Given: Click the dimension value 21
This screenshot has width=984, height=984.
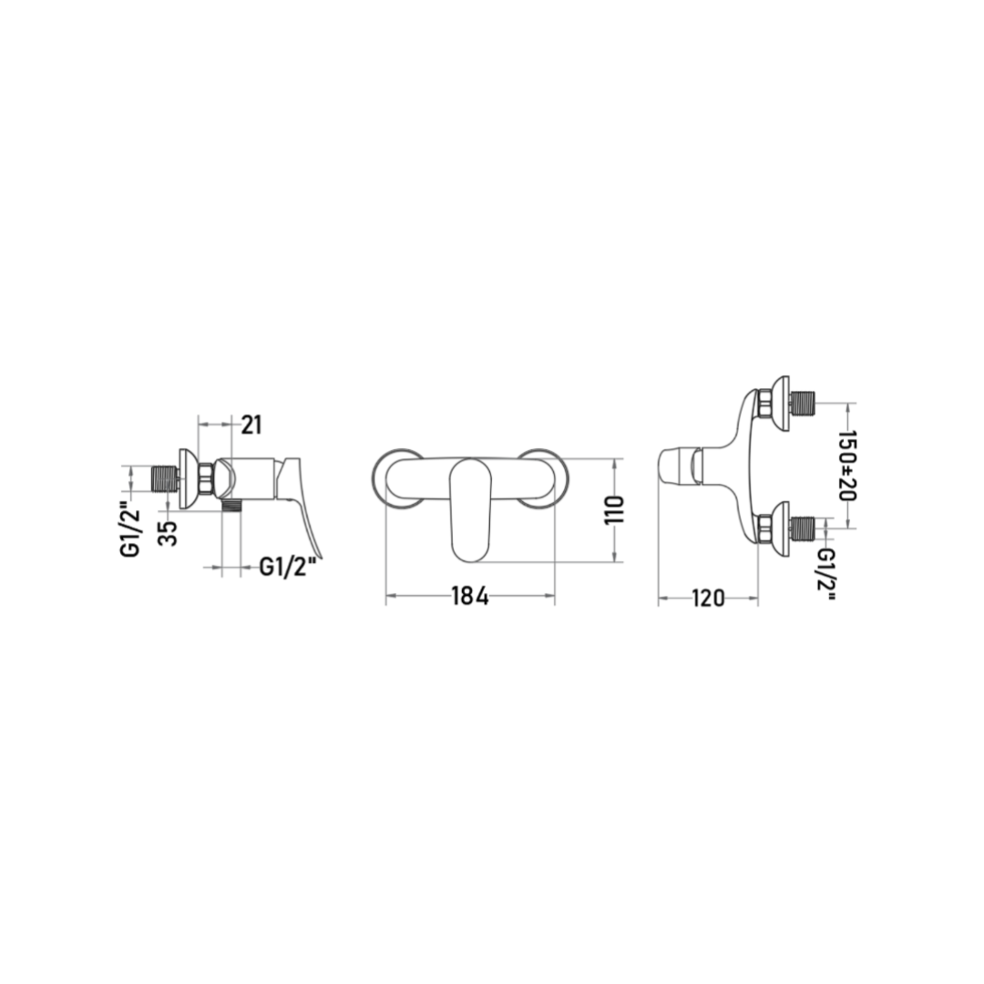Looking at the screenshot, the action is (251, 425).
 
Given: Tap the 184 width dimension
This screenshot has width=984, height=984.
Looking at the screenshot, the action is (470, 596).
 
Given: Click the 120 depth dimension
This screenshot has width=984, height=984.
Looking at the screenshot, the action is (708, 598).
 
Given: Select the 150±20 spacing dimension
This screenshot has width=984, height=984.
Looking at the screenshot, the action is (847, 465).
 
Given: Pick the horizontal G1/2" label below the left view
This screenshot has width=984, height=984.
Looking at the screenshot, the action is (287, 568).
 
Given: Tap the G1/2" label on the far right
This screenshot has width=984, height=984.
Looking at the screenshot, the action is (827, 575).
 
